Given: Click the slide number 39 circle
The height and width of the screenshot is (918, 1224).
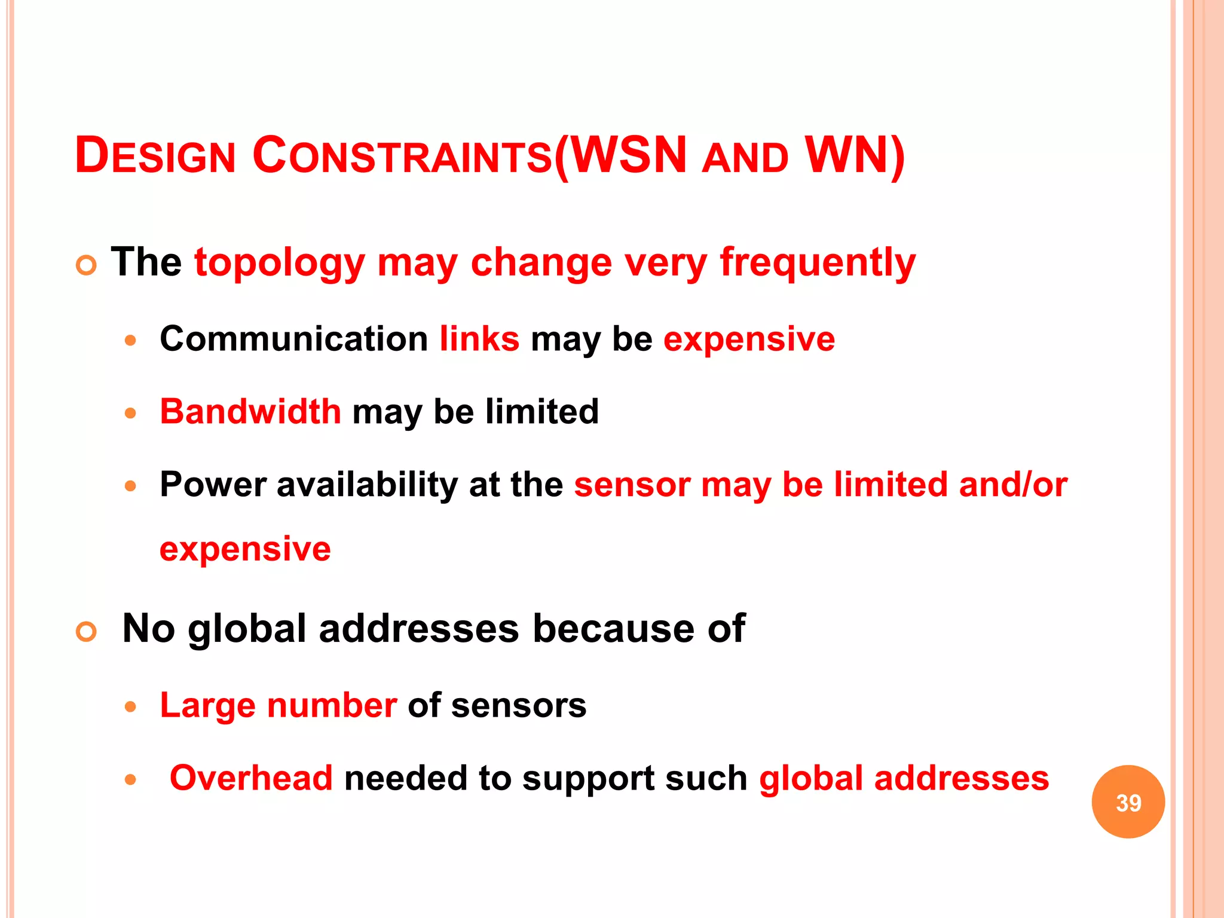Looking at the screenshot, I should pos(1128,801).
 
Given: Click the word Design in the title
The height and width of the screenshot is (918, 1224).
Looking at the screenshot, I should pos(155,156).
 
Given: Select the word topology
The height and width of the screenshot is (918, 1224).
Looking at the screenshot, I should pos(279,263).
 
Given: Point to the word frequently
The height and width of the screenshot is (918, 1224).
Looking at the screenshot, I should pos(818,263).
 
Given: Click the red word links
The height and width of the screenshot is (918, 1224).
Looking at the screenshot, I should pos(479,339).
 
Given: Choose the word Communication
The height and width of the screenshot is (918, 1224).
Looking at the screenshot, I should pos(293,339).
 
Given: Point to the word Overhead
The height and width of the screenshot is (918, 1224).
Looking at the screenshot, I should pos(251,778).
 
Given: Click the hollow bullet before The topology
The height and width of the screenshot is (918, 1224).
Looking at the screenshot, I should pos(87,265).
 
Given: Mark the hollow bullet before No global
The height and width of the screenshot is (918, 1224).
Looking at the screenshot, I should pos(87,632).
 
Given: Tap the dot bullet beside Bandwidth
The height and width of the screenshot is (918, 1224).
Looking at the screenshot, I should pos(131,413).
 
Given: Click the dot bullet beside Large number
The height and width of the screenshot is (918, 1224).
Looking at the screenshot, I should pos(131,707).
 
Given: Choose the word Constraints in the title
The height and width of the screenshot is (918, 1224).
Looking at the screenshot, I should pos(402,156).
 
